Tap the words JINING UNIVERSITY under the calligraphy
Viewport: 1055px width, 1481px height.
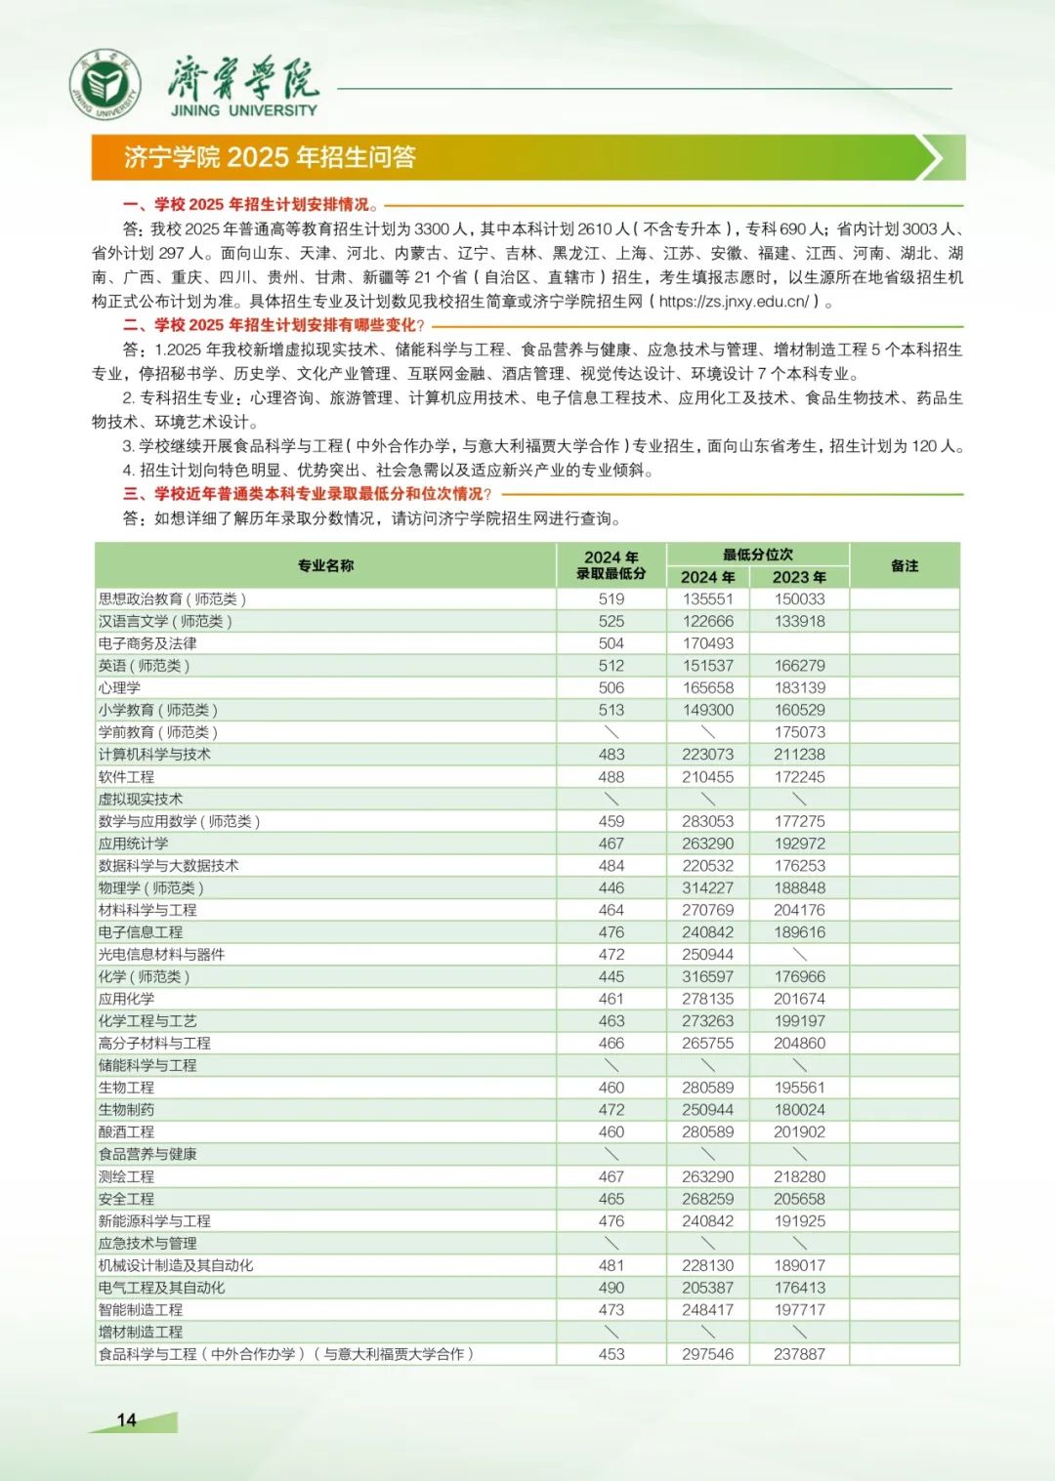[244, 111]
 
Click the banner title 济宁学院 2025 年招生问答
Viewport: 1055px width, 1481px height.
[270, 157]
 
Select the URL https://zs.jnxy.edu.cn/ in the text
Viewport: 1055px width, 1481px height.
[734, 302]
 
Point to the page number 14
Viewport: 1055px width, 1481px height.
[126, 1420]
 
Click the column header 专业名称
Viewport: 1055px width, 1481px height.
[325, 565]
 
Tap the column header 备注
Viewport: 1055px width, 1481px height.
[905, 565]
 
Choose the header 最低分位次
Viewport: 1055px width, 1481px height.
[757, 554]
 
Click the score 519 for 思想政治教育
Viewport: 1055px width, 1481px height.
[612, 599]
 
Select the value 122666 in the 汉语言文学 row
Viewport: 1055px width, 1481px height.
[707, 622]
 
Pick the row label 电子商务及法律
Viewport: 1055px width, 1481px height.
[148, 643]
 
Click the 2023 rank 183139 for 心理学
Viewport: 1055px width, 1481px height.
[799, 688]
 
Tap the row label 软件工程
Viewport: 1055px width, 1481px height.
[126, 777]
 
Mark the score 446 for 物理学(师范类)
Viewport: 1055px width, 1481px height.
[612, 888]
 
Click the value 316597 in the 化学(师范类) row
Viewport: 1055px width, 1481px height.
[707, 977]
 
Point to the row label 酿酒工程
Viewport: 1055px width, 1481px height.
[126, 1132]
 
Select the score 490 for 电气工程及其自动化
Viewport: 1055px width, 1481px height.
[612, 1288]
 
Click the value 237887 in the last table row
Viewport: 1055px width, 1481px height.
[799, 1354]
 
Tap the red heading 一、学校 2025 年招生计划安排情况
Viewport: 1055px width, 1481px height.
[246, 205]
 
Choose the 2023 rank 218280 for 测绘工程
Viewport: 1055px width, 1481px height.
[799, 1176]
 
